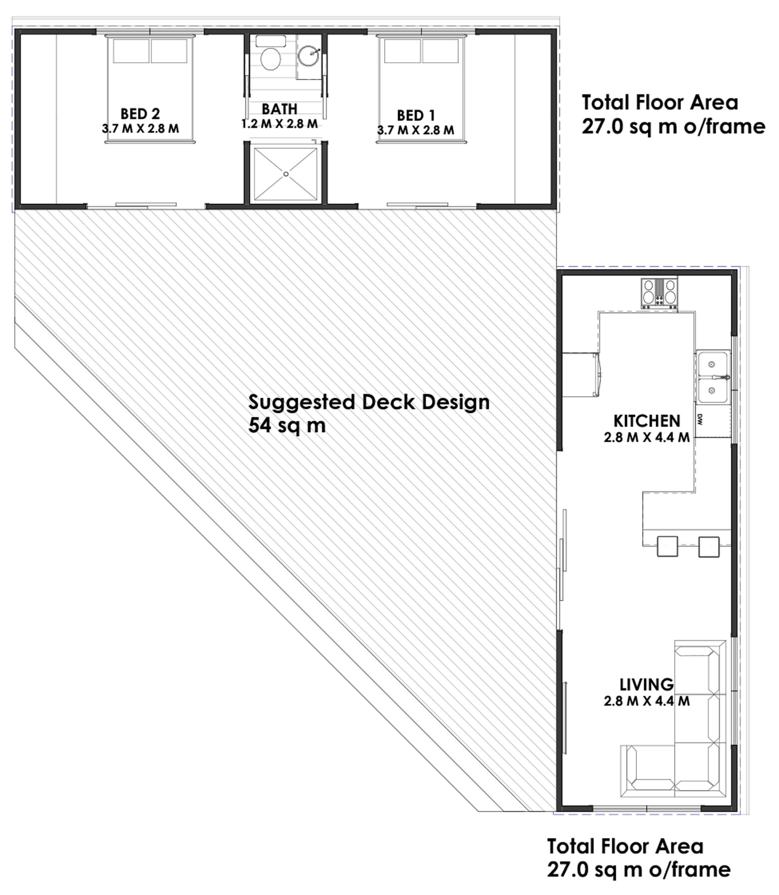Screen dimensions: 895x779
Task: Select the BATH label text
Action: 279,109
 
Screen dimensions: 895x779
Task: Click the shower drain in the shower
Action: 286,174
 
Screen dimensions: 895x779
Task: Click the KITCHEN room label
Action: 646,421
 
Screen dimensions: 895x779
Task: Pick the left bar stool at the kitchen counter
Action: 667,547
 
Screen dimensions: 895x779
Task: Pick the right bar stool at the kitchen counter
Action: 709,547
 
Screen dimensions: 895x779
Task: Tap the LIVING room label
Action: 646,684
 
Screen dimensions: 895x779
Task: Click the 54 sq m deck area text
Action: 287,425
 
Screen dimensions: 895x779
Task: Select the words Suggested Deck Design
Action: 369,402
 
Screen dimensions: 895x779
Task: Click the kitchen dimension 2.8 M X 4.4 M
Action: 646,437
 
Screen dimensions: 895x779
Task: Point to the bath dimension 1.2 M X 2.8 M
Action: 279,124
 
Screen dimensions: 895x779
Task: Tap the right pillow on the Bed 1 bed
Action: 440,51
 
